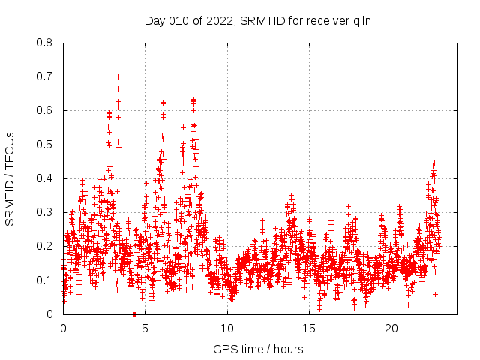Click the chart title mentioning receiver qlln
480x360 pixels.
tap(258, 20)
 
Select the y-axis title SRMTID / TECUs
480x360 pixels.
tap(10, 178)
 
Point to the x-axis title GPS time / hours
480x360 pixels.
tap(258, 349)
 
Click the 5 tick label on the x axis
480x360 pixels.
tap(145, 328)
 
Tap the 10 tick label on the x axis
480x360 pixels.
tap(227, 328)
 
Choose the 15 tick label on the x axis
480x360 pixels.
tap(310, 328)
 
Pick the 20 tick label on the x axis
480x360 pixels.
tap(391, 328)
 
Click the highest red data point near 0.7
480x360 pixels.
tap(118, 76)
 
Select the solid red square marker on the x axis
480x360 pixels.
tap(133, 313)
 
